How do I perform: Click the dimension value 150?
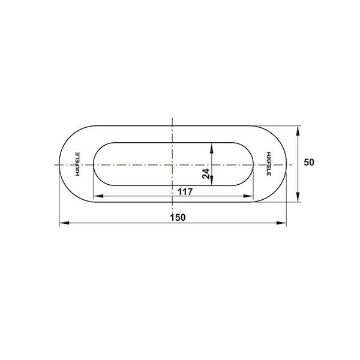click(178, 217)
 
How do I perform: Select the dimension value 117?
click(185, 191)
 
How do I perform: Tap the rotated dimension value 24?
click(206, 173)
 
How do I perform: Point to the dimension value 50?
click(309, 163)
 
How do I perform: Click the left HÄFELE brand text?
click(77, 164)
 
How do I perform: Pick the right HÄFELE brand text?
click(268, 164)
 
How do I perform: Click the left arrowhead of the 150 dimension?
click(64, 223)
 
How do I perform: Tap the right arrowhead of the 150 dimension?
click(281, 223)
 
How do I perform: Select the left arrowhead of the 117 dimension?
click(98, 196)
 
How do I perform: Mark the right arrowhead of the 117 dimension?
click(248, 196)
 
